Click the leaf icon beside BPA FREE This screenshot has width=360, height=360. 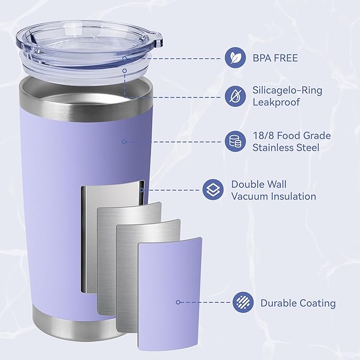234,57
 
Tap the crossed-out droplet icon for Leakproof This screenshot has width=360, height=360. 234,96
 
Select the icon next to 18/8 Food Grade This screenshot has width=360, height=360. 234,141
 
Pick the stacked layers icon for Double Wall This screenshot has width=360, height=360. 212,190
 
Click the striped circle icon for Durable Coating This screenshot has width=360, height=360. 242,303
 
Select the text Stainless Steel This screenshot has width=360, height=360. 286,147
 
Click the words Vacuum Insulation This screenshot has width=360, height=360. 274,196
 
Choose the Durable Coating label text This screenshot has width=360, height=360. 298,303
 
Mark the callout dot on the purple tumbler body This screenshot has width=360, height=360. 124,141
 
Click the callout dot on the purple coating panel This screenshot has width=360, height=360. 178,302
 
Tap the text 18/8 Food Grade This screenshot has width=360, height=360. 292,136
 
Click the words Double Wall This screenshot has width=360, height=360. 259,185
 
